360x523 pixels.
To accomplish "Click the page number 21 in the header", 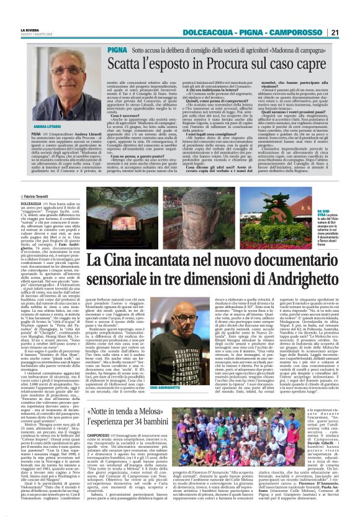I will pyautogui.click(x=335, y=32).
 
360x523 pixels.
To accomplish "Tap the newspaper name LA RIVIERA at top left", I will pyautogui.click(x=30, y=29).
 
